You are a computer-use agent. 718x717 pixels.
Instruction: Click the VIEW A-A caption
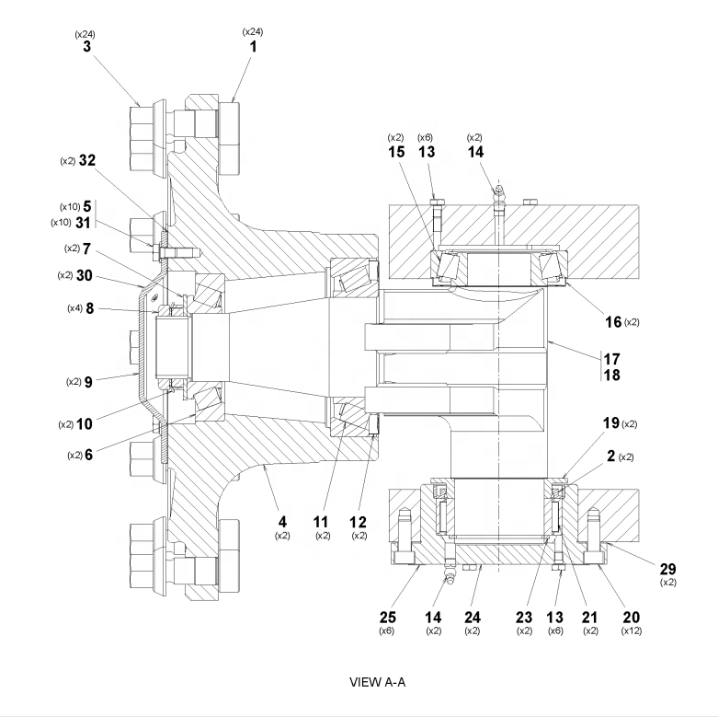pos(378,681)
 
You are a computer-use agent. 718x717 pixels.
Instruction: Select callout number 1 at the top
pos(252,45)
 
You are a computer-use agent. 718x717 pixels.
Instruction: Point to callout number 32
pos(87,160)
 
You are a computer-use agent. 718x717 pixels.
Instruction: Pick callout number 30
pos(86,275)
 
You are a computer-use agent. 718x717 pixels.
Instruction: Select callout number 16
pos(612,321)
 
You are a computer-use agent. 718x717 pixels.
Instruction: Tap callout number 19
pos(610,424)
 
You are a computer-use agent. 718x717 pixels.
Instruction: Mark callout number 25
pos(386,616)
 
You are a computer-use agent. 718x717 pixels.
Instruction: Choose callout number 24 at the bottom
pos(472,616)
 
